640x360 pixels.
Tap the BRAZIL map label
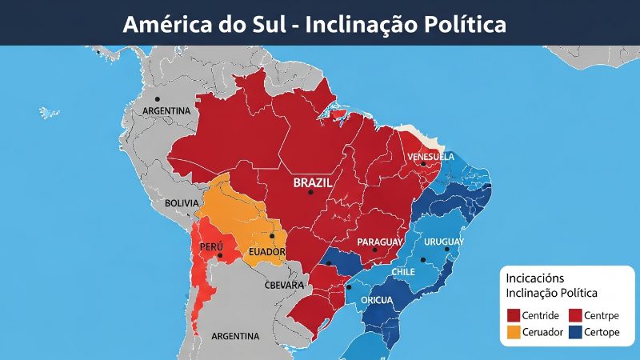click(x=313, y=182)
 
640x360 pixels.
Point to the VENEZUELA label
click(x=430, y=156)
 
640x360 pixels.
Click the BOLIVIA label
click(x=181, y=203)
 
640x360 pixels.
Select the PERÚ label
click(x=211, y=246)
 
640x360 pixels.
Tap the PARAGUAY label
click(x=380, y=242)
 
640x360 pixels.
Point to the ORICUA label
click(x=376, y=300)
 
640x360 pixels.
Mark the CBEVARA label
click(x=284, y=285)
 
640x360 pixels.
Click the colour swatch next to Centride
click(x=513, y=314)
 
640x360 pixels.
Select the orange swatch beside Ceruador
click(x=513, y=332)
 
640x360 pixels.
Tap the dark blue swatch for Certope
click(x=574, y=332)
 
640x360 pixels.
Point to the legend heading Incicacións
click(x=534, y=278)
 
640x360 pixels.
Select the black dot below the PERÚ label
click(x=220, y=256)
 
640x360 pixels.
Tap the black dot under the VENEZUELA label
click(x=423, y=164)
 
